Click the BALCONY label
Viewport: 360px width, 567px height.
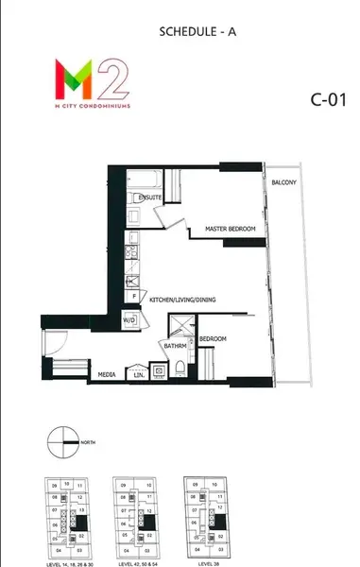click(x=284, y=181)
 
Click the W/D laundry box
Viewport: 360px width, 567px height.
click(x=129, y=320)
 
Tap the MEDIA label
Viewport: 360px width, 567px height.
click(x=107, y=375)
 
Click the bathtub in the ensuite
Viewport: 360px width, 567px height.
click(x=150, y=179)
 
